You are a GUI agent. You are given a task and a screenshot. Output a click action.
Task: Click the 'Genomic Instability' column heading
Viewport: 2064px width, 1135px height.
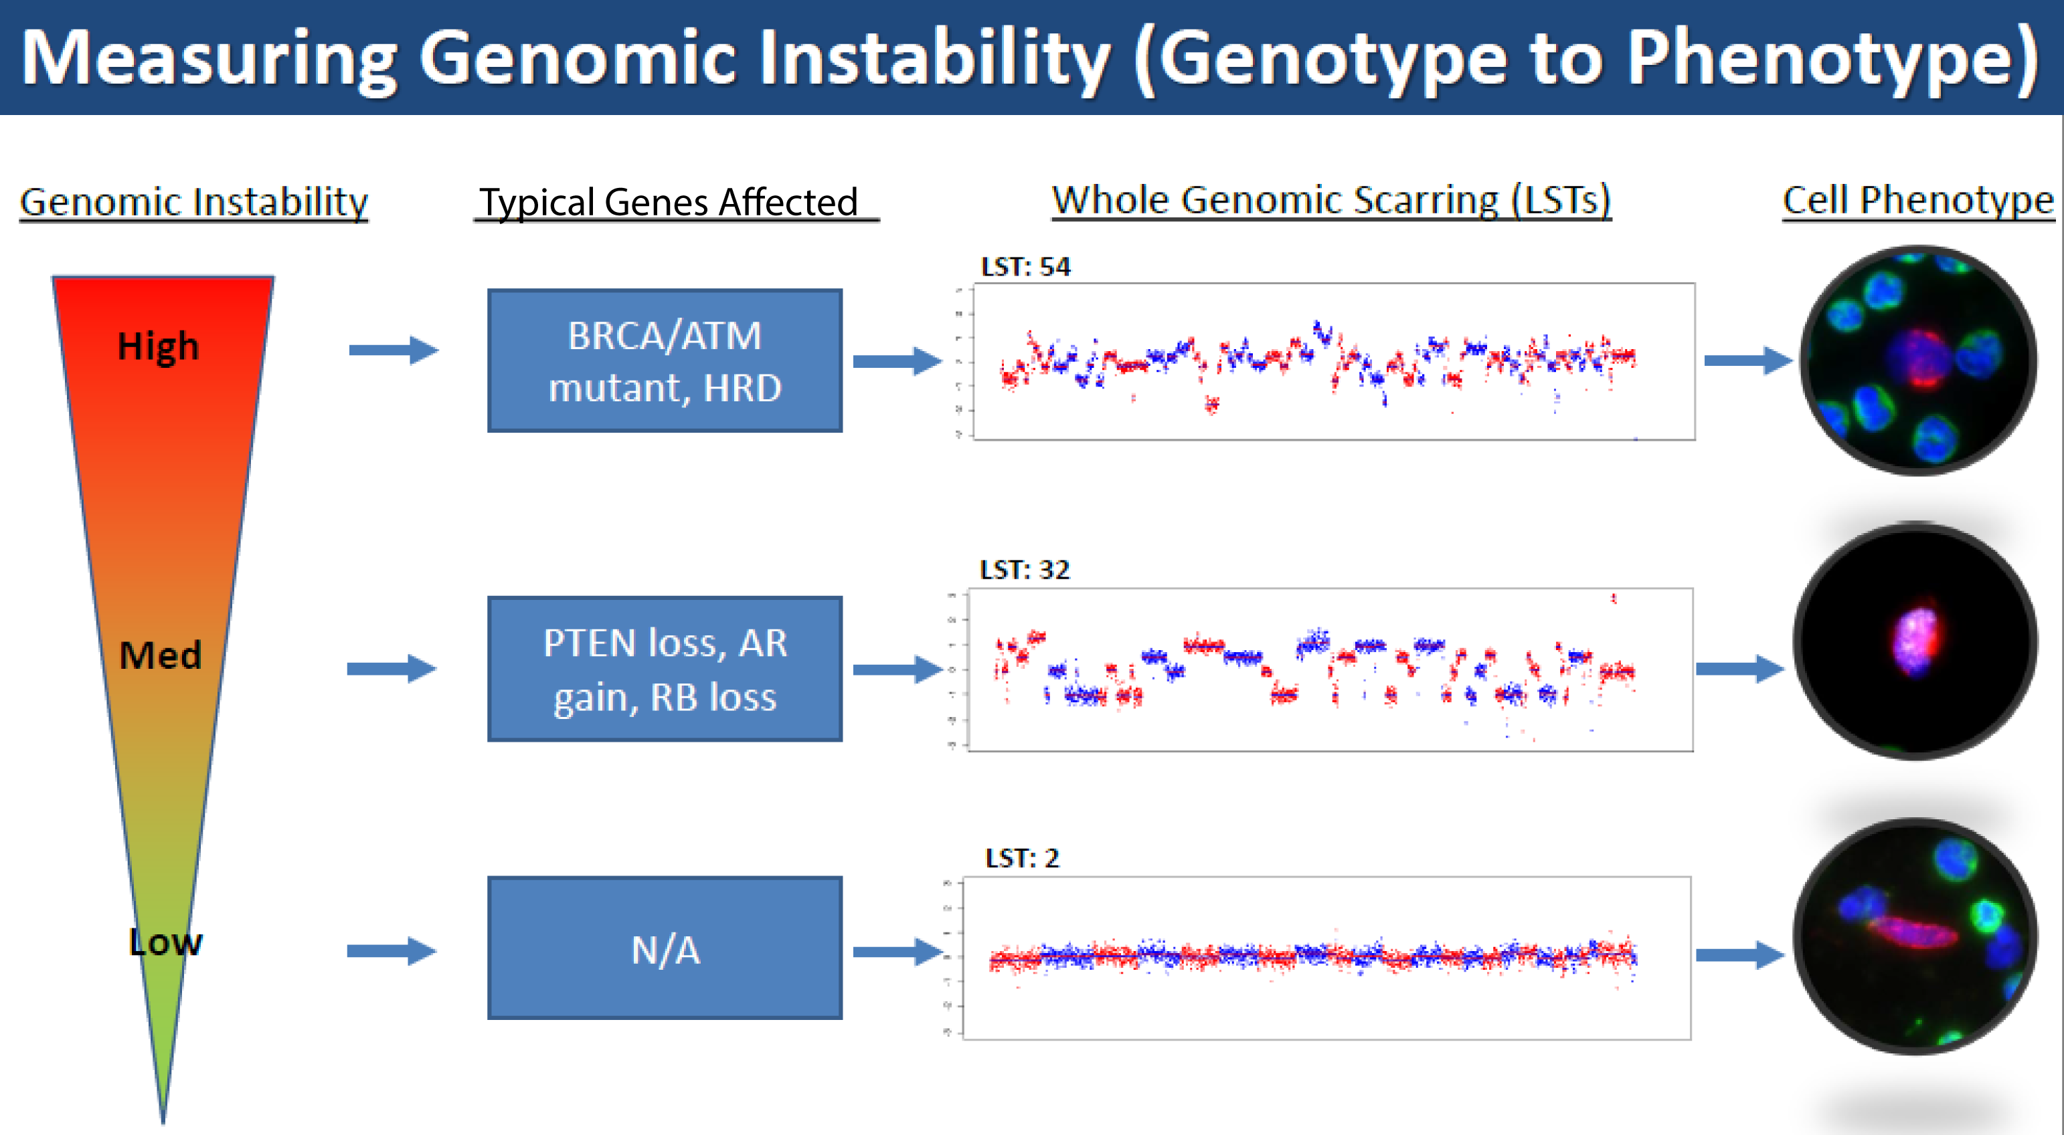click(193, 201)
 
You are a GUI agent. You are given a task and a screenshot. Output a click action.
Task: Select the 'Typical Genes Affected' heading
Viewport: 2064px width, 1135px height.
click(668, 202)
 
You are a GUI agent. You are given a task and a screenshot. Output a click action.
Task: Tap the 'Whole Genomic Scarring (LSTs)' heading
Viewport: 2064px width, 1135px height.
click(1331, 199)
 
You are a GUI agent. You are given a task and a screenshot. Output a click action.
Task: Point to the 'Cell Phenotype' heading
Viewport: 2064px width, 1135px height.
click(1917, 199)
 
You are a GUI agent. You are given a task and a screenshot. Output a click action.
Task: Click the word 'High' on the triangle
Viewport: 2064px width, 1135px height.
click(158, 346)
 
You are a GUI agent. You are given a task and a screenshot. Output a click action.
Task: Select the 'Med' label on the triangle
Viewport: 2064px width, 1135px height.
click(160, 655)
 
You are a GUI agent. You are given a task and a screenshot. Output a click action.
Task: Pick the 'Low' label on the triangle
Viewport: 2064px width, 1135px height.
click(165, 942)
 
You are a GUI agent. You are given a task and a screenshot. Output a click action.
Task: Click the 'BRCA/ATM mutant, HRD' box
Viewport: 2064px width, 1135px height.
click(664, 360)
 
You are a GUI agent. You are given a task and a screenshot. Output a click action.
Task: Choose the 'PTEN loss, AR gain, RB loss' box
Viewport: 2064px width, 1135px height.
click(664, 669)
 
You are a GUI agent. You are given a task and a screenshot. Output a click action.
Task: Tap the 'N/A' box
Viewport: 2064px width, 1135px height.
click(664, 948)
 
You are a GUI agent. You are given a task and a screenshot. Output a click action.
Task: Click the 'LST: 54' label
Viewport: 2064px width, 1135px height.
click(1025, 267)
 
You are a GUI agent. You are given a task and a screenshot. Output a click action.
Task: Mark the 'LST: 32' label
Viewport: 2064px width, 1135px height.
click(1025, 569)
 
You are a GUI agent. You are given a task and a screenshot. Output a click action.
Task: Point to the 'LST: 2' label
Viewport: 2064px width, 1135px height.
click(1021, 858)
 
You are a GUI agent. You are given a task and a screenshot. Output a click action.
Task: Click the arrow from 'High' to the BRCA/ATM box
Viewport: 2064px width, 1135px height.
click(394, 350)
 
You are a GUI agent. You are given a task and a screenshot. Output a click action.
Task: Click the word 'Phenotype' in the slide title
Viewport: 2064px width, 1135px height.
click(1831, 58)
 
